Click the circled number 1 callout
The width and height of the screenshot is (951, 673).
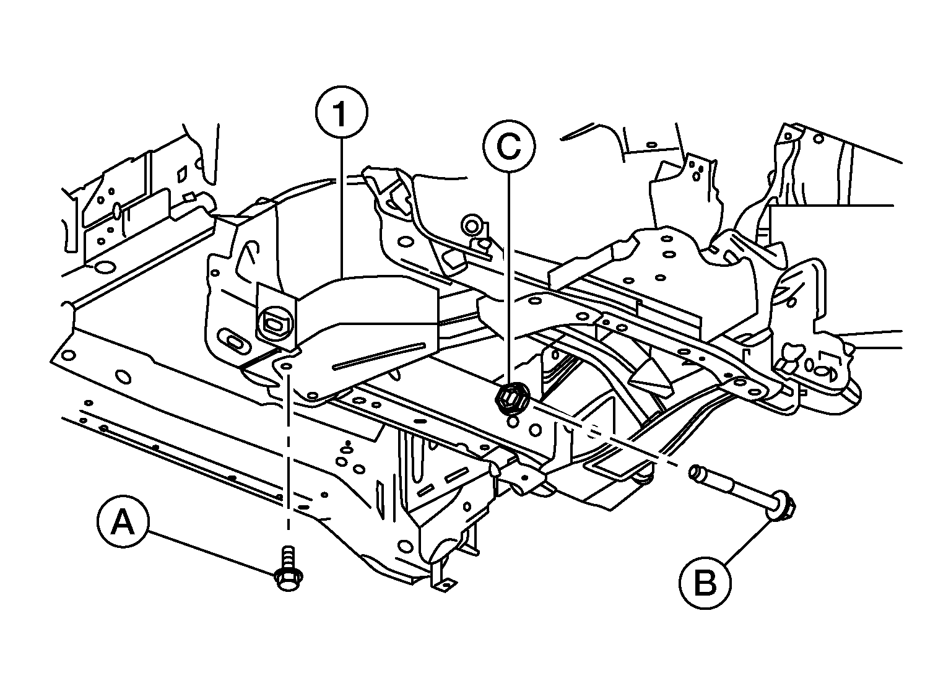pos(341,111)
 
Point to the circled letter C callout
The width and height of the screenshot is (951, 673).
pos(508,147)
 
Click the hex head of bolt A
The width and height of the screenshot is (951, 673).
pos(289,580)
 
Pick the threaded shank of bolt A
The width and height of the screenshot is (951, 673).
pos(289,557)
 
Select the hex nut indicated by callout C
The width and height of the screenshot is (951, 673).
pos(511,398)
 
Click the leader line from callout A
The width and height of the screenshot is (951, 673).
pos(212,552)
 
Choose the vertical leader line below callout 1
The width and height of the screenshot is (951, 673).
pos(342,208)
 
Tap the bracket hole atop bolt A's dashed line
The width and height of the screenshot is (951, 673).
pos(287,366)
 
